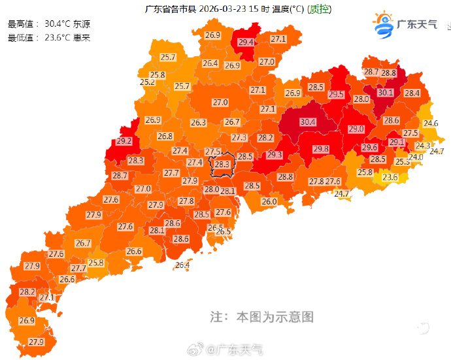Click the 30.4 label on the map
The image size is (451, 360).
pos(307,122)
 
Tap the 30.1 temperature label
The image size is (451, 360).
pos(386,93)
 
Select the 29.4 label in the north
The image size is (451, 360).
pos(246,42)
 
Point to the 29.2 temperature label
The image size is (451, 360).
pos(124,141)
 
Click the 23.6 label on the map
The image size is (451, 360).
pos(390,177)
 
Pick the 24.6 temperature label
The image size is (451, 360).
pos(431,123)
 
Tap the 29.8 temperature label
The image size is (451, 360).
pos(321,149)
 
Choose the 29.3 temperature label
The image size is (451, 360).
pos(274,155)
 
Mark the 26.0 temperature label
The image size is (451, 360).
pos(269,202)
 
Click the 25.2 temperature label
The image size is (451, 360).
pos(147,82)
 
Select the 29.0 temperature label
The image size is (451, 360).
pos(356,129)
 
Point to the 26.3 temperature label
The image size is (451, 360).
pos(199,123)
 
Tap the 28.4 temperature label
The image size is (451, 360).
pos(412,93)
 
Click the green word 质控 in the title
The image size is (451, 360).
pos(319,9)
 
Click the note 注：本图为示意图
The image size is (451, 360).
pos(261,317)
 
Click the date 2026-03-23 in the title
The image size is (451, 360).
pos(220,9)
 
